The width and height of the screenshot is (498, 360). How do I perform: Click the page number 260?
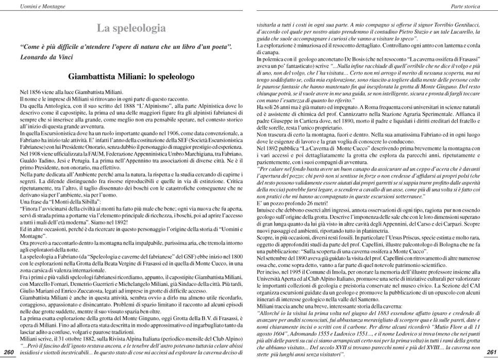coord(8,352)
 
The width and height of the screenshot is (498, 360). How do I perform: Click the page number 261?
coord(490,352)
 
